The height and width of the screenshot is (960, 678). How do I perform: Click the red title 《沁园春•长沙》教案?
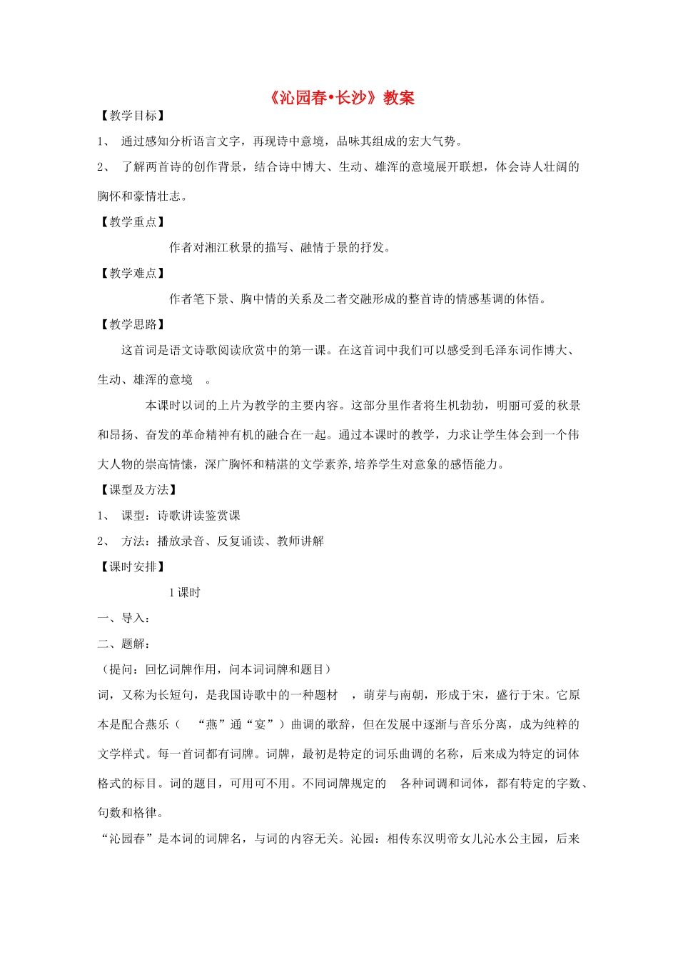tap(342, 98)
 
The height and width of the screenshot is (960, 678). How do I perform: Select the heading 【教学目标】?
tap(133, 116)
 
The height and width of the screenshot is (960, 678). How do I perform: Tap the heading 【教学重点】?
tap(133, 222)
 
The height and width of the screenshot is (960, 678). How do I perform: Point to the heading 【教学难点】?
tap(133, 273)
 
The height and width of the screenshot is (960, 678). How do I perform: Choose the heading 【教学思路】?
tap(133, 324)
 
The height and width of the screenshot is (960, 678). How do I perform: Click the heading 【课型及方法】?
tap(138, 490)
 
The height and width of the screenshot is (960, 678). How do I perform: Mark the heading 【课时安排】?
tap(133, 566)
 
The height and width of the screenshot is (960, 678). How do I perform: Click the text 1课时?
tap(185, 593)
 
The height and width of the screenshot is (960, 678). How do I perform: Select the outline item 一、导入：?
tap(123, 618)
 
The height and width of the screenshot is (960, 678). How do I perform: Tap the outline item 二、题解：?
tap(123, 644)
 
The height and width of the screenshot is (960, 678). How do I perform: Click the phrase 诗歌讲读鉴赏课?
tap(199, 516)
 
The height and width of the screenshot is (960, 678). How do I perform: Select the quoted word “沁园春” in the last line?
tap(127, 839)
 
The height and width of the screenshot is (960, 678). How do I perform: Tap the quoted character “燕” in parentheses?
tap(212, 724)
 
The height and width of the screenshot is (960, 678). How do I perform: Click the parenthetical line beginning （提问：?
tap(214, 669)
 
